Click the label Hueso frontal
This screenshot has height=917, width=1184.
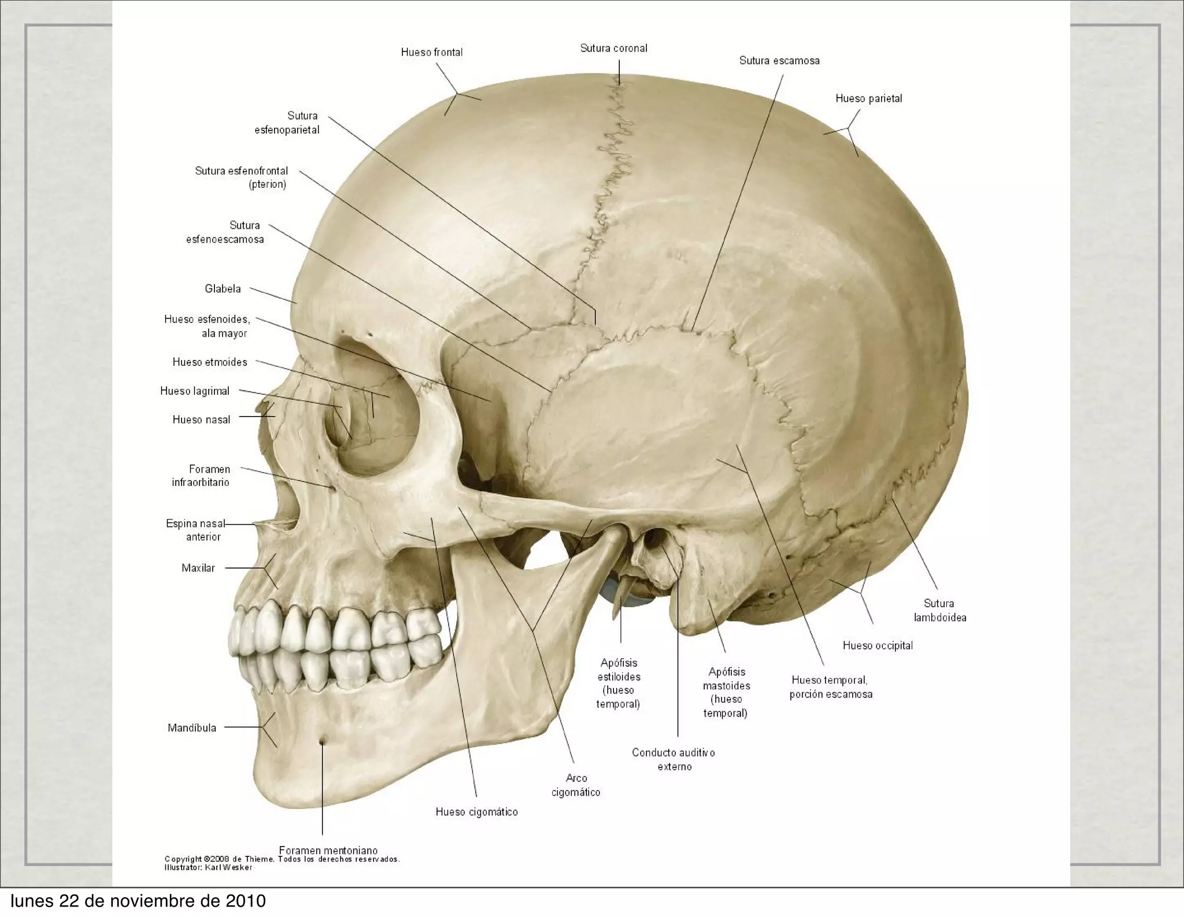(x=432, y=53)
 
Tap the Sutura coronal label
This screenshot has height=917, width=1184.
(x=613, y=49)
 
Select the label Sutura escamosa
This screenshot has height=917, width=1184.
(x=779, y=61)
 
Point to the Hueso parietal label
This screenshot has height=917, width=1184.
(x=868, y=99)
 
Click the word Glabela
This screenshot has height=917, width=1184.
(x=223, y=289)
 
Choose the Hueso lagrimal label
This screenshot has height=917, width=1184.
(x=195, y=391)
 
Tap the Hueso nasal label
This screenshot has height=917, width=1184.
(x=201, y=420)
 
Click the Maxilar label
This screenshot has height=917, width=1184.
(x=198, y=569)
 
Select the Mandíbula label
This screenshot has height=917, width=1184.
(x=192, y=728)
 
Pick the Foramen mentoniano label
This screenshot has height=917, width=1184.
(x=328, y=850)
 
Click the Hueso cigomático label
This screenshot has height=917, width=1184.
(x=476, y=812)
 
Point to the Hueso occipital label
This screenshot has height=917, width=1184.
(x=878, y=646)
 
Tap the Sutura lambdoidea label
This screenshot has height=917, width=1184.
(x=939, y=610)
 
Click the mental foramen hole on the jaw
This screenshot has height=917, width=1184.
(x=322, y=741)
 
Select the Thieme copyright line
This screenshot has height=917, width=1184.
(x=282, y=859)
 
